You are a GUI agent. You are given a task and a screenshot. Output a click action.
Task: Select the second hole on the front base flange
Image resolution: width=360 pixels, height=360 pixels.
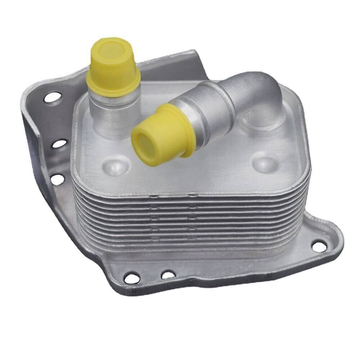point(168,275)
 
